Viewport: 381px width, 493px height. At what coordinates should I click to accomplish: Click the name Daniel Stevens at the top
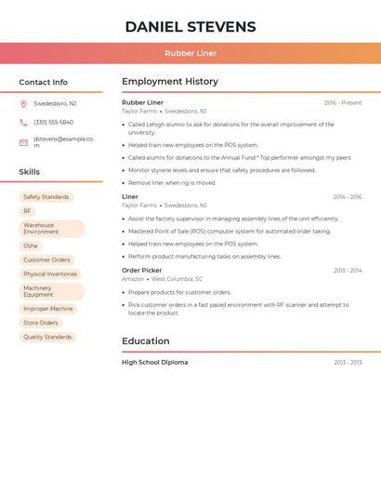[190, 27]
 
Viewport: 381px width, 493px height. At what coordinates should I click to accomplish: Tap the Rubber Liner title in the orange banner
[190, 53]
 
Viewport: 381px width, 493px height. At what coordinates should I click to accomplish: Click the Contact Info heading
[43, 82]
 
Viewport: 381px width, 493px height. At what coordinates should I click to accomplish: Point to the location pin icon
[23, 103]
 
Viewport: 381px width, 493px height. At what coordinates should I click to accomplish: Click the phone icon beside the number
[23, 122]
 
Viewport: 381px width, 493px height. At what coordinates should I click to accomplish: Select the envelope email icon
[23, 142]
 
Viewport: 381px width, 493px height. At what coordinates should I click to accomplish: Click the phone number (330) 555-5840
[53, 122]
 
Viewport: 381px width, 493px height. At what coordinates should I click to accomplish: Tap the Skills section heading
[29, 172]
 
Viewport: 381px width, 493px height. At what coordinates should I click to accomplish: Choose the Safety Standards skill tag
[46, 197]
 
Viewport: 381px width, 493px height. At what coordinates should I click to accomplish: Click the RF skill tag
[27, 211]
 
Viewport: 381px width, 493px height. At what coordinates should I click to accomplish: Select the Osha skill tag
[31, 246]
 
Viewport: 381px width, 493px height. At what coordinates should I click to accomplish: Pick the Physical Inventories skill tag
[50, 274]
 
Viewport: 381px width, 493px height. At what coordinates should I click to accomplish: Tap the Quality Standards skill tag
[47, 337]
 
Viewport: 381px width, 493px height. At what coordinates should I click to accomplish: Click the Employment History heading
[170, 82]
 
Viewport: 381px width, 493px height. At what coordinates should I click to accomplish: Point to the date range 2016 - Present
[343, 103]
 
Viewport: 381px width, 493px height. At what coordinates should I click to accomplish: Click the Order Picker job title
[141, 271]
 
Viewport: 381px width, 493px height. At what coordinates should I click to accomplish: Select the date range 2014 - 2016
[347, 197]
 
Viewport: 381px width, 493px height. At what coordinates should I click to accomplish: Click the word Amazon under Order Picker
[133, 279]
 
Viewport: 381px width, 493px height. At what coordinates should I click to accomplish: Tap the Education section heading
[146, 341]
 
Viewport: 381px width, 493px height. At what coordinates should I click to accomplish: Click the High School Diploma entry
[154, 362]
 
